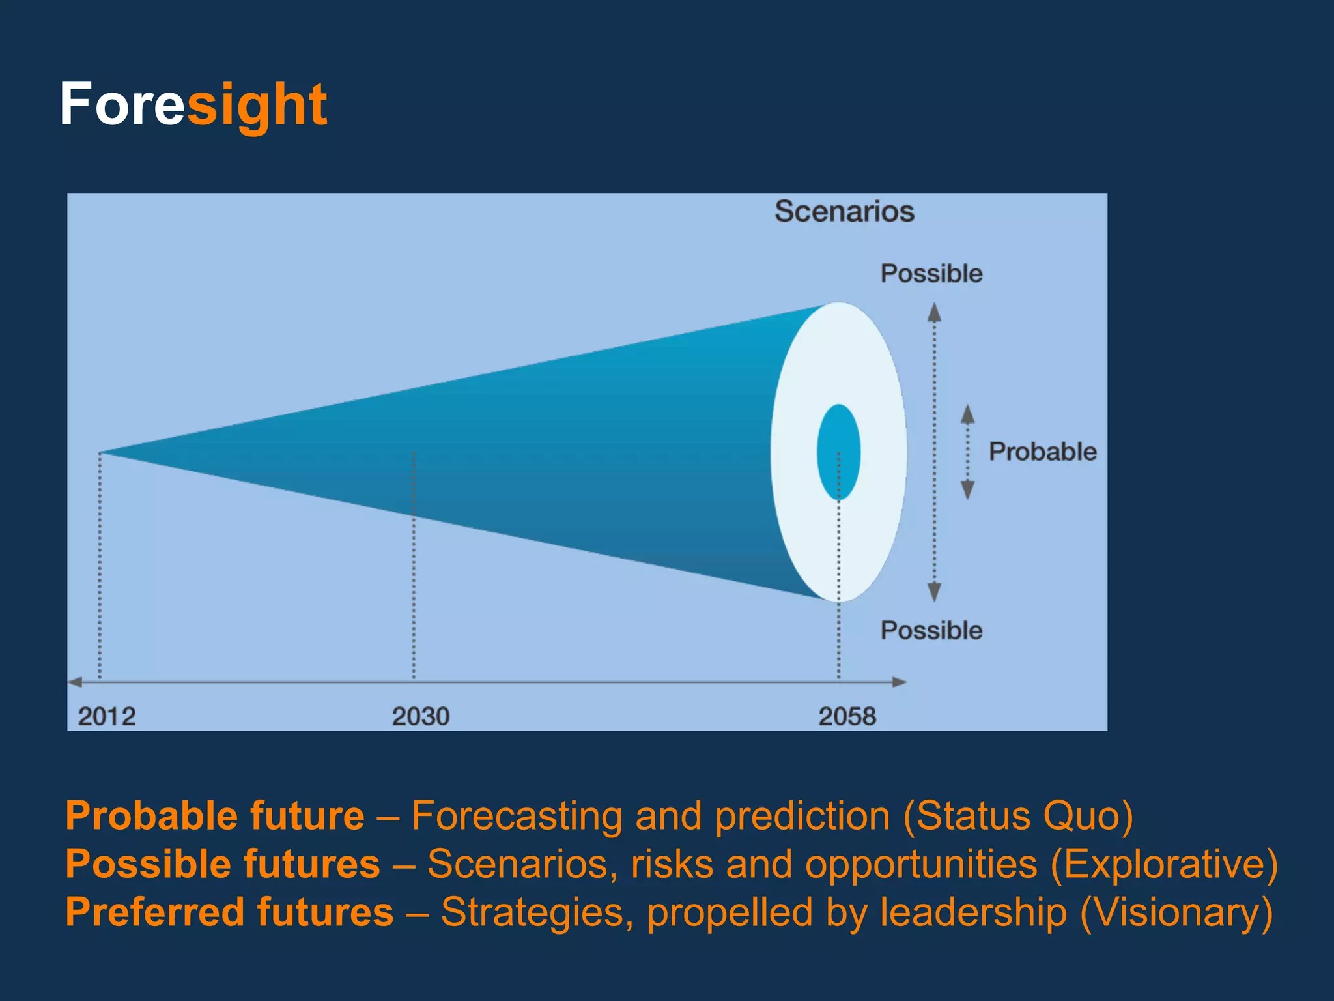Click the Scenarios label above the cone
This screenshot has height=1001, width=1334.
(844, 211)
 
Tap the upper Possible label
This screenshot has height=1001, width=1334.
(931, 273)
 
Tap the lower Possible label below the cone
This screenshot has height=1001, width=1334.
(931, 630)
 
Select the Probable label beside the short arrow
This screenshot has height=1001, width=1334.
(1042, 452)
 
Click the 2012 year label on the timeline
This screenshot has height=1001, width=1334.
(107, 716)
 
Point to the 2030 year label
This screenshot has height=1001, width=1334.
(420, 716)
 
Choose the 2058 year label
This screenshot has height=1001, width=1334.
(847, 716)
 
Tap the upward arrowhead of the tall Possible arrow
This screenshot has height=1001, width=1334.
(934, 313)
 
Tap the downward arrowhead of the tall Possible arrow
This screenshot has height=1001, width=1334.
(934, 592)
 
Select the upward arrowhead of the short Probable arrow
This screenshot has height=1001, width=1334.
(968, 414)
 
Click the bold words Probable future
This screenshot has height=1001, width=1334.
(215, 815)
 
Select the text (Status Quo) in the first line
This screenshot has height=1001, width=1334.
(1018, 815)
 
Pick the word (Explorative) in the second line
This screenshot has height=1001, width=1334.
(1164, 863)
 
